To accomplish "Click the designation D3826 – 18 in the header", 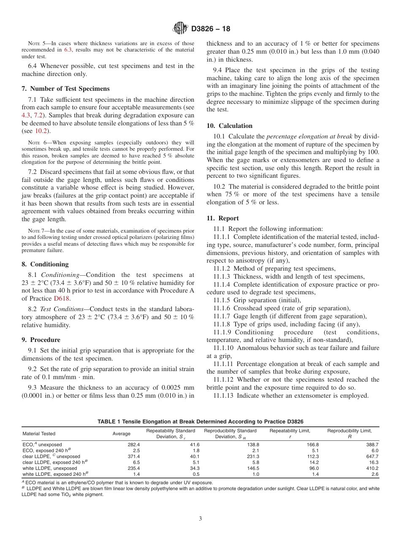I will point(211,29).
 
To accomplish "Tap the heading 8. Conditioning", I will point(45,264).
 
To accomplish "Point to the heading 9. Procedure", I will point(41,340).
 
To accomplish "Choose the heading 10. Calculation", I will point(230,126).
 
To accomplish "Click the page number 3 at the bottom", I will point(200,519).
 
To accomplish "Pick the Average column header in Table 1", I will point(121,434).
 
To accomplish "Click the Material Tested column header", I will point(39,434).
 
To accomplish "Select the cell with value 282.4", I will point(133,445).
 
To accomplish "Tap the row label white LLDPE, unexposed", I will point(50,468).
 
